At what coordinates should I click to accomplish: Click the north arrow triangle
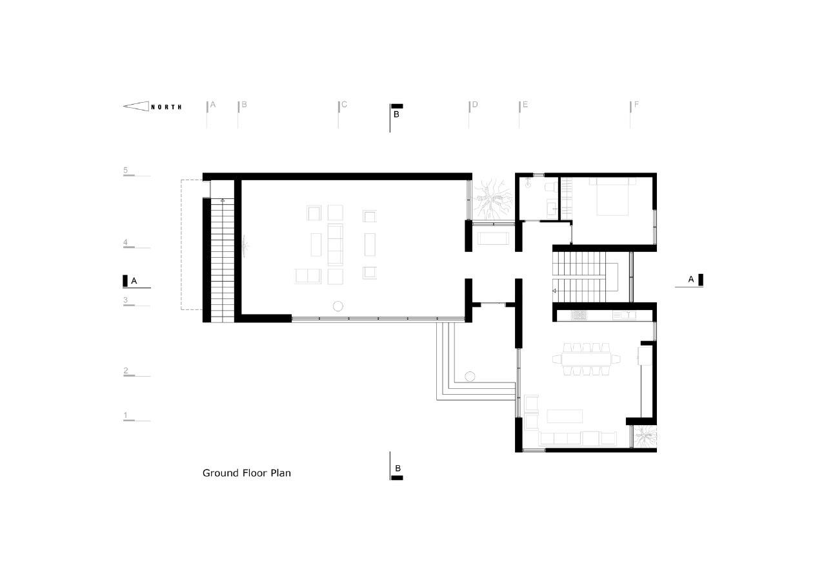coord(136,107)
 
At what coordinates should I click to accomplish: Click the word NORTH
coord(166,107)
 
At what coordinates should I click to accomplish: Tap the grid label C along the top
coord(344,105)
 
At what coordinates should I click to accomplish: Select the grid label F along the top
coord(636,105)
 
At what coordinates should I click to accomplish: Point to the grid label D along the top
coord(475,105)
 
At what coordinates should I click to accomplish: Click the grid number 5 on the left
coord(125,170)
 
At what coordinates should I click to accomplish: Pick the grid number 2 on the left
coord(126,370)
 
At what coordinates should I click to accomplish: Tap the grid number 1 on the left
coord(125,415)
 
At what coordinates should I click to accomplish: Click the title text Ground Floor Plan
coord(247,474)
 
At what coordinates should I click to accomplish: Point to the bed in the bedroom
coord(612,196)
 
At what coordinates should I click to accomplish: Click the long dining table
coord(587,359)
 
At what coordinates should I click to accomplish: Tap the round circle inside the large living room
coord(337,306)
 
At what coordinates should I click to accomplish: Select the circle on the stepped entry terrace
coord(470,377)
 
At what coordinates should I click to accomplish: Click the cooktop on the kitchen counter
coord(579,315)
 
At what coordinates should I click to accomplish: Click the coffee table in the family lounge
coord(565,416)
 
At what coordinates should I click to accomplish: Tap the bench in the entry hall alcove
coord(494,238)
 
